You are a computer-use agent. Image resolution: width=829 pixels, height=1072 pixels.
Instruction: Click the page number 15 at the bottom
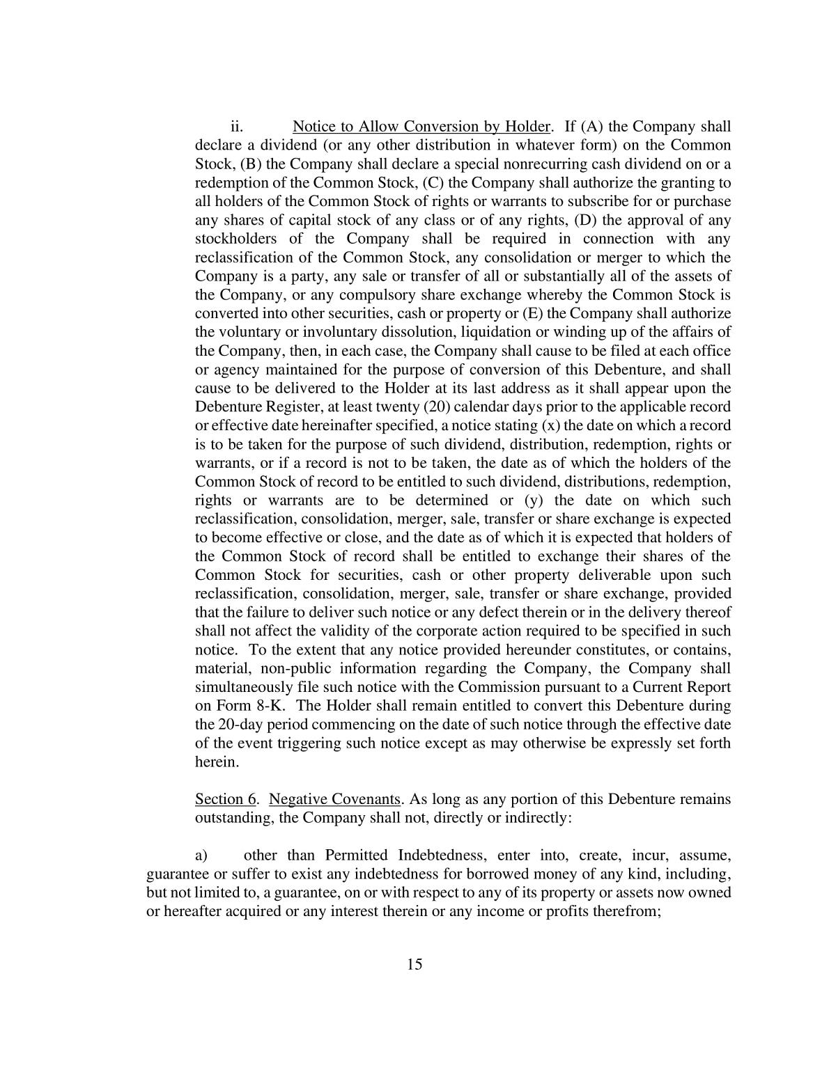click(414, 964)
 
